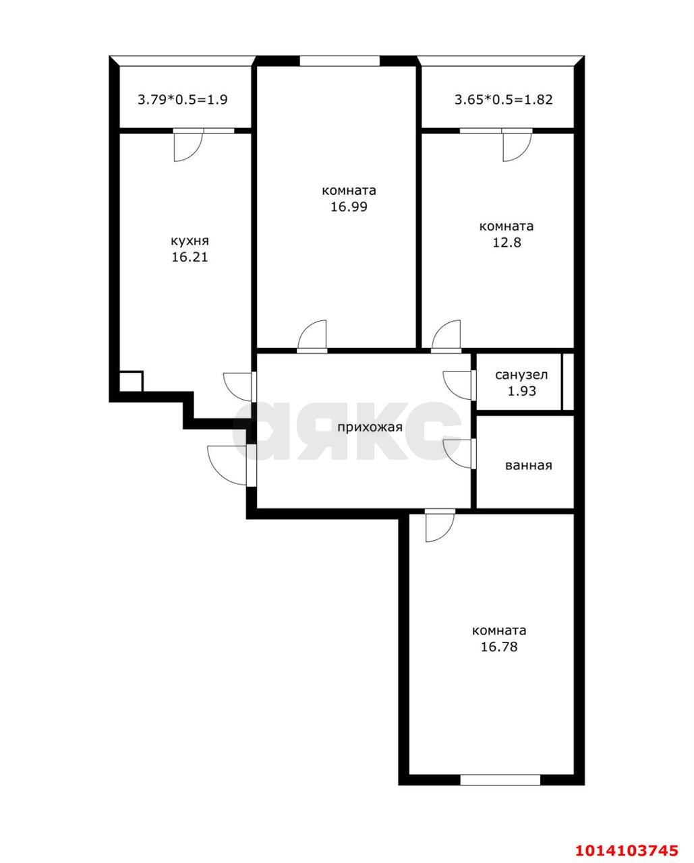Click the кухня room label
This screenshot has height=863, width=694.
click(190, 241)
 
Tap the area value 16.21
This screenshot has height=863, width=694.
click(190, 257)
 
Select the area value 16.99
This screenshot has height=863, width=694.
click(349, 207)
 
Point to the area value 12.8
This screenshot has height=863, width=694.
click(506, 243)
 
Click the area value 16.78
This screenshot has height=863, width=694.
click(499, 647)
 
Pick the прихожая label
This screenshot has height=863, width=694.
click(370, 427)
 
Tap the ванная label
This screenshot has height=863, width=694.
click(529, 465)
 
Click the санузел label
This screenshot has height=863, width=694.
click(521, 375)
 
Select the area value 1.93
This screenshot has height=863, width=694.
click(521, 391)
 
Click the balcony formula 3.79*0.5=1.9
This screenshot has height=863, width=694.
click(183, 100)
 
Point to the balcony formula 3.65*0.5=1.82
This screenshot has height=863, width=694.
click(504, 100)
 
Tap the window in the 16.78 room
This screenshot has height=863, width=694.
click(500, 780)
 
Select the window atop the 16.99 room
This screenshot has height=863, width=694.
click(339, 61)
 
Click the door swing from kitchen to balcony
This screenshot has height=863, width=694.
click(187, 146)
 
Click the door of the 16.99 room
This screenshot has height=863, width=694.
click(312, 336)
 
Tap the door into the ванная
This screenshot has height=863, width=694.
click(459, 452)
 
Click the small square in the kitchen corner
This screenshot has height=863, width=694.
click(131, 381)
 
